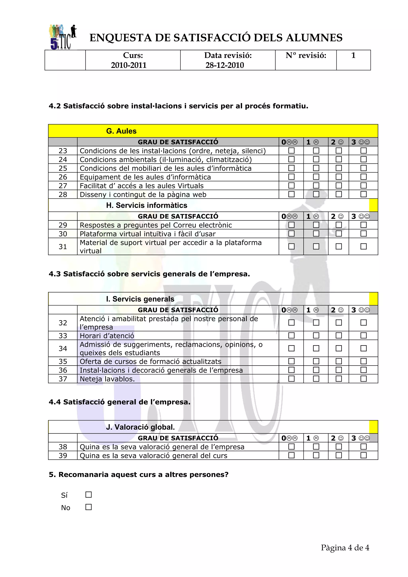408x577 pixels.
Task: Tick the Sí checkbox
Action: pyautogui.click(x=88, y=495)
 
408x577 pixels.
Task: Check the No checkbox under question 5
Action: pyautogui.click(x=88, y=507)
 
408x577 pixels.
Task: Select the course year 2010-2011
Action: pyautogui.click(x=128, y=65)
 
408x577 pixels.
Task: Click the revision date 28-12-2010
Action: pyautogui.click(x=225, y=65)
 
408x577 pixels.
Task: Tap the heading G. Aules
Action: pyautogui.click(x=121, y=131)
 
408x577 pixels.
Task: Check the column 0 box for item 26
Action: pyautogui.click(x=291, y=177)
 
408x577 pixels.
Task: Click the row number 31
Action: pyautogui.click(x=63, y=246)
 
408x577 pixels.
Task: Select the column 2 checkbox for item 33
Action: pyautogui.click(x=339, y=335)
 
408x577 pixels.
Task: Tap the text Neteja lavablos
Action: pyautogui.click(x=107, y=379)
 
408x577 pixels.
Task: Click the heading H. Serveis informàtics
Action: pyautogui.click(x=147, y=205)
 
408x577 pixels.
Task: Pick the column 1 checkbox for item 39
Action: pyautogui.click(x=316, y=455)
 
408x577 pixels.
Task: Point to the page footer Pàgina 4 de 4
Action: pyautogui.click(x=345, y=548)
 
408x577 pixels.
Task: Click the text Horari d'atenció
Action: pyautogui.click(x=107, y=336)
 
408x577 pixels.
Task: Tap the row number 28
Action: pyautogui.click(x=63, y=195)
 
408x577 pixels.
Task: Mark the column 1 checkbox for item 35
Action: pyautogui.click(x=316, y=361)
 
